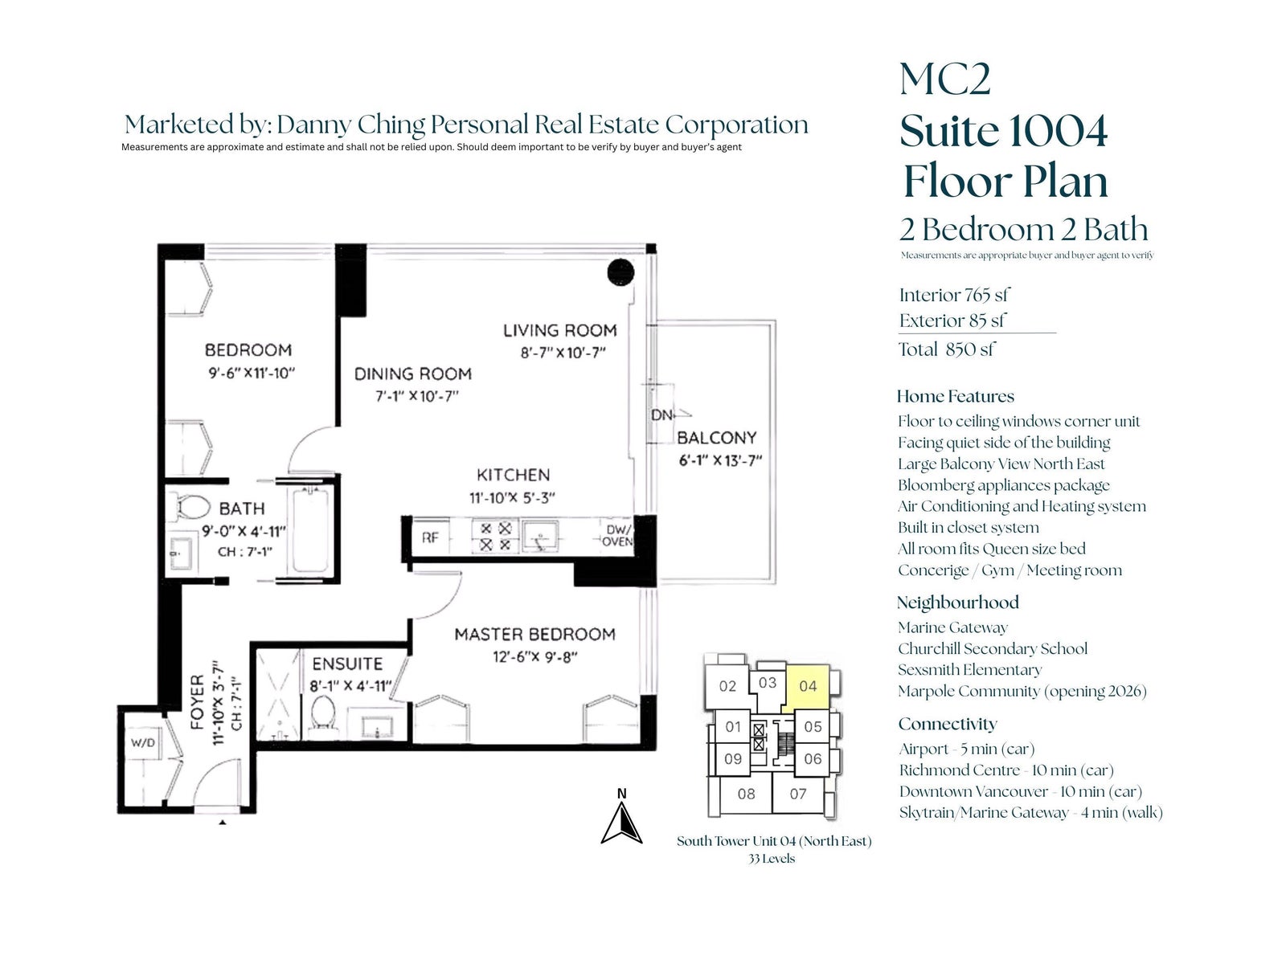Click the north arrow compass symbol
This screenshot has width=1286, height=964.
click(x=621, y=820)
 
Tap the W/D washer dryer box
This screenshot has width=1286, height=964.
click(x=143, y=743)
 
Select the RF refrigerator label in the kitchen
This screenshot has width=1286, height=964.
click(x=431, y=537)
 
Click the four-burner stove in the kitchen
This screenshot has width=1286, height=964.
click(x=496, y=537)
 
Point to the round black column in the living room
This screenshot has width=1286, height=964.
click(x=620, y=272)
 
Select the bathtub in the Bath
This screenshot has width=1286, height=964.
click(x=310, y=531)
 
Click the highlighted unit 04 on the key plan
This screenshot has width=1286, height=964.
click(x=807, y=687)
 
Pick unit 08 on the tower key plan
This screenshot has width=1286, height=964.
click(x=746, y=794)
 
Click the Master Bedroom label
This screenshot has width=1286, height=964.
click(x=535, y=635)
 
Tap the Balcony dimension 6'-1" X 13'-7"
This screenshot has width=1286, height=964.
click(x=720, y=460)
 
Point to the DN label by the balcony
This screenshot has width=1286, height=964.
click(x=662, y=415)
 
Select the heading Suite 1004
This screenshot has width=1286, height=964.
click(x=1003, y=130)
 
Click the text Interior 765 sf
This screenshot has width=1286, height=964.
click(x=954, y=295)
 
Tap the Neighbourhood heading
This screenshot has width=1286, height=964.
click(x=957, y=602)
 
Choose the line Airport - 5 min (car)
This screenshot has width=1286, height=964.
click(x=967, y=750)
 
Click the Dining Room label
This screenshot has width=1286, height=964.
click(x=413, y=374)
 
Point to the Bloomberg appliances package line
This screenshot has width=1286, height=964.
click(x=1004, y=486)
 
